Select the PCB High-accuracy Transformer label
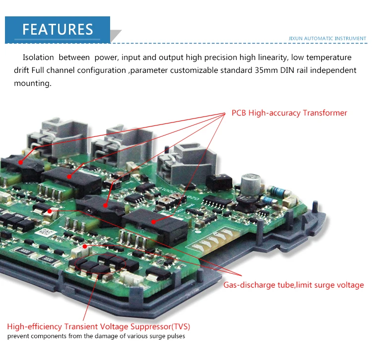pos(289,113)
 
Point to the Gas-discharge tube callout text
pos(293,285)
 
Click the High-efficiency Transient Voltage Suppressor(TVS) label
pos(98,327)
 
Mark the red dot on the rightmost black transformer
pos(154,222)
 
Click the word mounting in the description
pos(32,83)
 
